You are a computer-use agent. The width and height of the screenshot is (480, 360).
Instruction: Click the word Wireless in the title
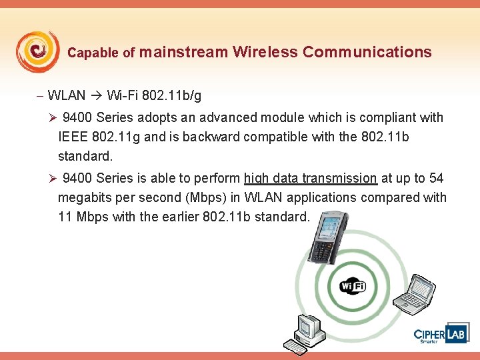click(x=265, y=52)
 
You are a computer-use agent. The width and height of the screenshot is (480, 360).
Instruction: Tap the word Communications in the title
click(x=367, y=52)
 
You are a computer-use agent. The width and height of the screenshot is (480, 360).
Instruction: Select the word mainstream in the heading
click(x=184, y=52)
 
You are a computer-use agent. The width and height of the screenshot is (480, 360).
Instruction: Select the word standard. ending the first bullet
click(x=85, y=157)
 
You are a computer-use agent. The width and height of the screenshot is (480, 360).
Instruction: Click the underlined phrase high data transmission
click(x=311, y=178)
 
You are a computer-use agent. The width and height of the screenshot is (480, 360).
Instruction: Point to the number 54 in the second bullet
click(x=437, y=178)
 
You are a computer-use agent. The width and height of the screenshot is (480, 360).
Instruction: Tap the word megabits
click(x=86, y=197)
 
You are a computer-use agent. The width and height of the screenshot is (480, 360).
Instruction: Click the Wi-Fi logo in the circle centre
click(x=352, y=287)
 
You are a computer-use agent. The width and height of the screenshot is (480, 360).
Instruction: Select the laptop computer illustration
click(x=413, y=294)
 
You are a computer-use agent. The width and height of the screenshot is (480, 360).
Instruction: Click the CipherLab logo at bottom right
click(x=440, y=334)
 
